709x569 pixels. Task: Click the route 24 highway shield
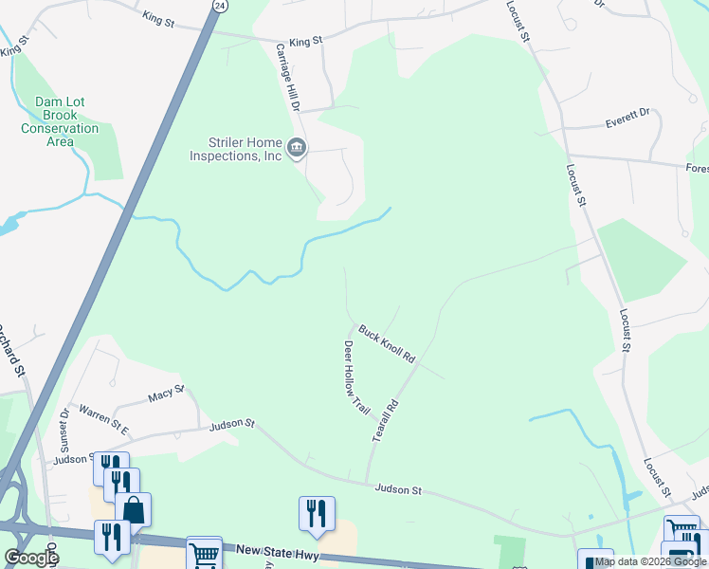220,6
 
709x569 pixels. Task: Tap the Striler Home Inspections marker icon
297,147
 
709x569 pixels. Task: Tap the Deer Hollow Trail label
355,376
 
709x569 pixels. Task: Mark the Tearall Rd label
385,417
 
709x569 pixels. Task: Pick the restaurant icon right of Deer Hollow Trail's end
317,514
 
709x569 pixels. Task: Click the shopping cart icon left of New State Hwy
204,553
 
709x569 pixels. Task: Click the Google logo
31,558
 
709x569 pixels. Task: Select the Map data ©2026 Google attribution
650,562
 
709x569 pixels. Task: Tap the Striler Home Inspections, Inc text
235,149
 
